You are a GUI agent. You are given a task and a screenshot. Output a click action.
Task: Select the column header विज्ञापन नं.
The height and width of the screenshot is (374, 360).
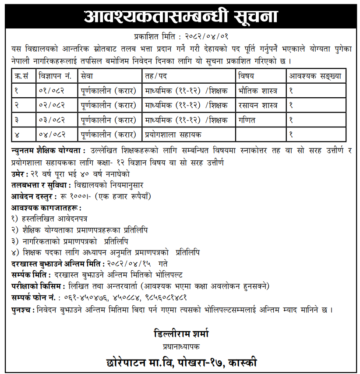click(55, 76)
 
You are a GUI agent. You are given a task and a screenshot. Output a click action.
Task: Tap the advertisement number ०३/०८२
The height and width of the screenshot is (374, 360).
click(52, 120)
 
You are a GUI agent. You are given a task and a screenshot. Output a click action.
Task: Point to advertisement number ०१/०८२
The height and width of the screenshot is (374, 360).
click(52, 91)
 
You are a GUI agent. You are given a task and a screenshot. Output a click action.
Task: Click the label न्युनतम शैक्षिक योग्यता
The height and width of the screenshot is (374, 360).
click(47, 151)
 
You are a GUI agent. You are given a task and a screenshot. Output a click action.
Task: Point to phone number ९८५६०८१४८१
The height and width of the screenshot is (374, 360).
click(161, 298)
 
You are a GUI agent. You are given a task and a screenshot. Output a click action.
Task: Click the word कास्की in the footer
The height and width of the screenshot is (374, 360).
click(240, 362)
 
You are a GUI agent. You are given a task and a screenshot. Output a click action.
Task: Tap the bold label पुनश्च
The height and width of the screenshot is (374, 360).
click(23, 310)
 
